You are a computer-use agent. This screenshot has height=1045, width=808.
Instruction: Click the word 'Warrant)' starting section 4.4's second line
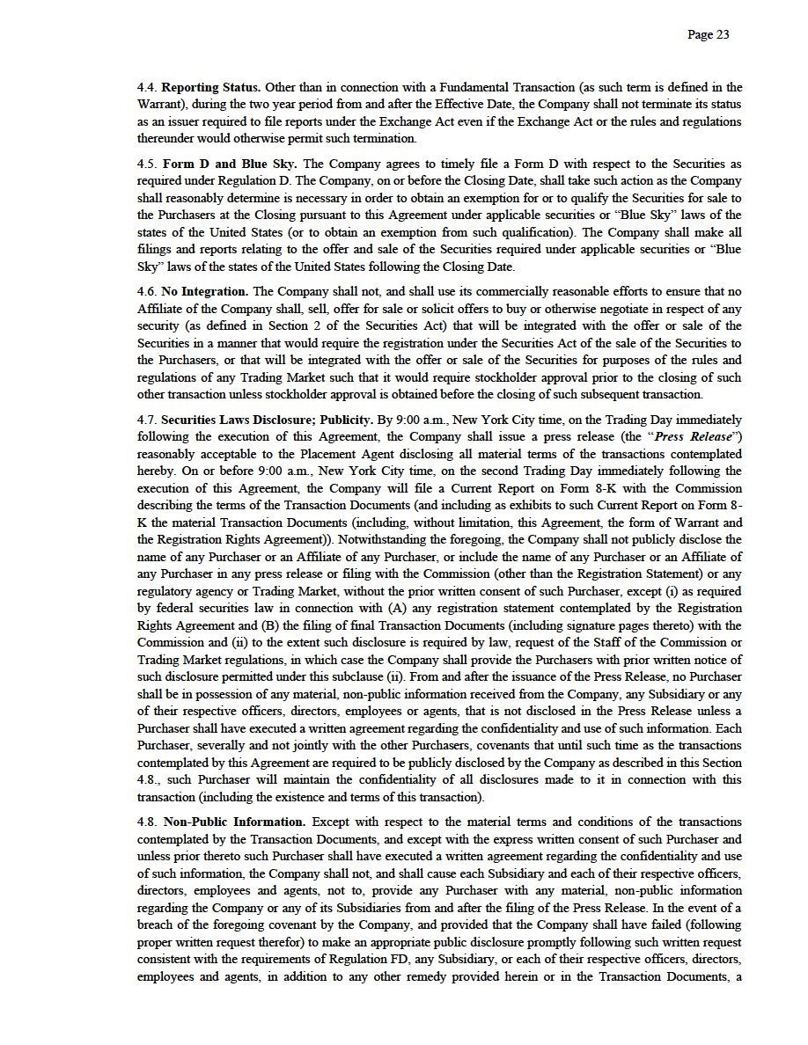[159, 104]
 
